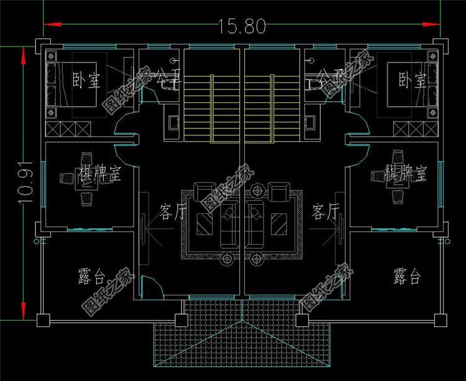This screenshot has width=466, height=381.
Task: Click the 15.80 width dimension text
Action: point(242,26)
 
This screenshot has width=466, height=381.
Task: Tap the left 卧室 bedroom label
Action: point(86,81)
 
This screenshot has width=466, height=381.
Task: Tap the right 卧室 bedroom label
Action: point(412,80)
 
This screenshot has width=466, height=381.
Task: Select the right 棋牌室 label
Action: point(405,173)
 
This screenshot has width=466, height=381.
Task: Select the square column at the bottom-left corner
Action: point(42,320)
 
